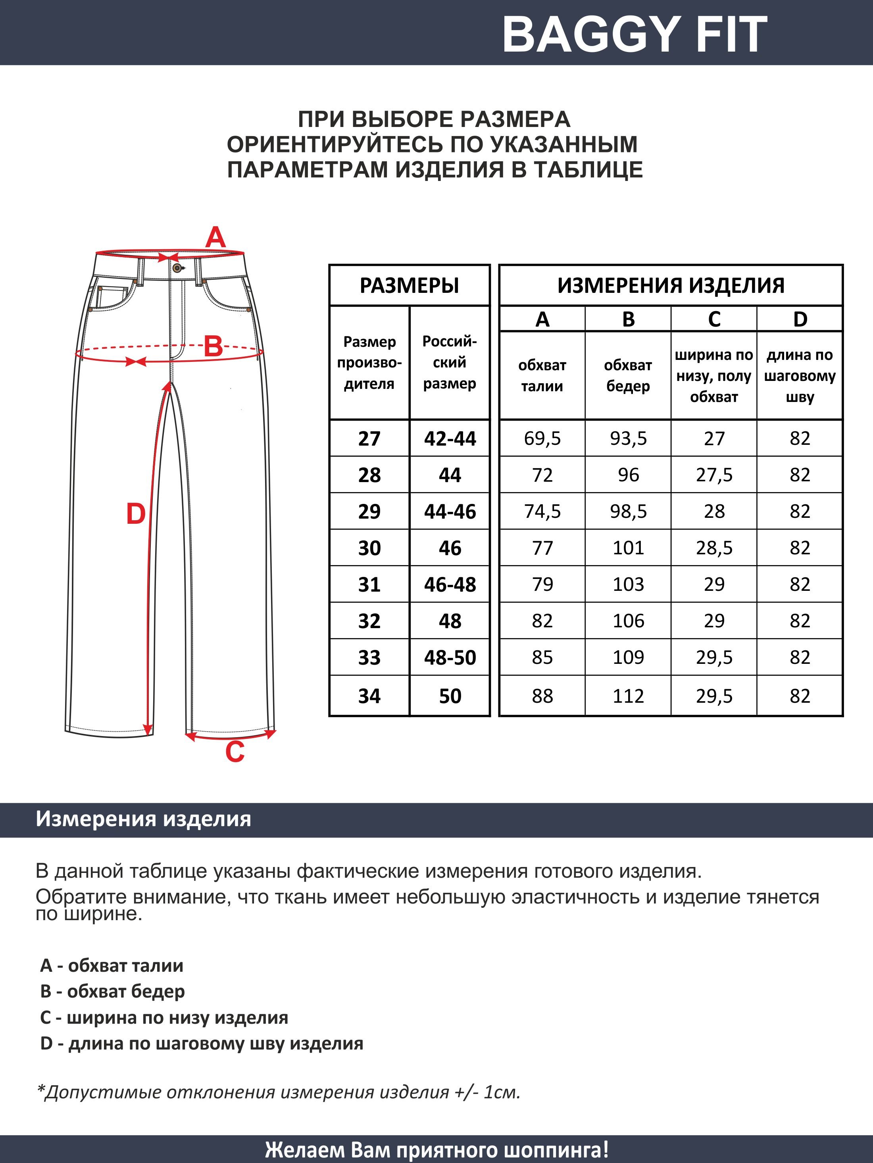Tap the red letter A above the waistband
[215, 238]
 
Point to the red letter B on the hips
[213, 347]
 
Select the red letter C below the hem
[235, 752]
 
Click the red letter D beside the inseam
[136, 514]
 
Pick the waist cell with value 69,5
[542, 438]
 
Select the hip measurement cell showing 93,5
[628, 438]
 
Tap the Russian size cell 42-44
[450, 438]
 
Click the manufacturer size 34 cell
[369, 696]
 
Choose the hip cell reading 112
[628, 696]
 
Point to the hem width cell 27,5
[713, 475]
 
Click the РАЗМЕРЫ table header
[409, 285]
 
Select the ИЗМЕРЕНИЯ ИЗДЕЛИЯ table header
[671, 285]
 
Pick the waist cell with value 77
[542, 548]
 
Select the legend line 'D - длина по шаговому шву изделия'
[202, 1044]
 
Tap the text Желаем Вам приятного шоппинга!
[436, 1150]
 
